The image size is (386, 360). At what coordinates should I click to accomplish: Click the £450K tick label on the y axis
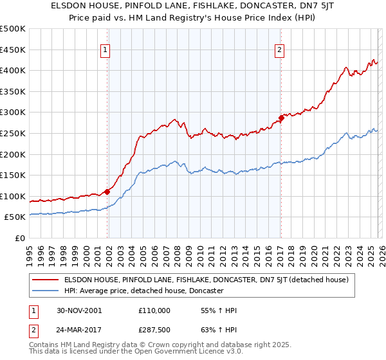pyautogui.click(x=13, y=50)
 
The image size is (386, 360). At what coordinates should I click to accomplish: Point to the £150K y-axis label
pyautogui.click(x=13, y=175)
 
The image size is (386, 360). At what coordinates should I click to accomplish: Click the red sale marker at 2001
pyautogui.click(x=107, y=192)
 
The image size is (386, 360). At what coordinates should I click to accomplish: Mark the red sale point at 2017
pyautogui.click(x=281, y=118)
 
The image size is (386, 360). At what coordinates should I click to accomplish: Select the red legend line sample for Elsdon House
pyautogui.click(x=45, y=280)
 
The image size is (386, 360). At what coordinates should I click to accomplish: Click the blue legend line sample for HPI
pyautogui.click(x=45, y=291)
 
